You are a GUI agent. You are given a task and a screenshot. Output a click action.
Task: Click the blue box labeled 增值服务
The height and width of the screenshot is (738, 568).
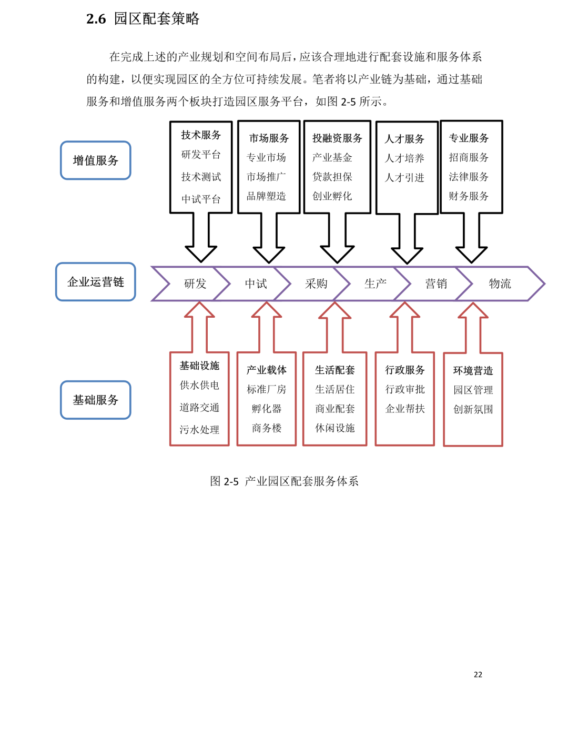tap(95, 160)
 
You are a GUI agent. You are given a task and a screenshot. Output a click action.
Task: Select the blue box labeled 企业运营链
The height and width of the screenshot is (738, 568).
tap(95, 281)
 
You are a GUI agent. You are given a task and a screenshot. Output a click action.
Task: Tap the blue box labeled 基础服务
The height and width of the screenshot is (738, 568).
tap(95, 400)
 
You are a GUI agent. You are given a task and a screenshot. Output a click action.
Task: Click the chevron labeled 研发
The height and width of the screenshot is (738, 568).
tap(195, 283)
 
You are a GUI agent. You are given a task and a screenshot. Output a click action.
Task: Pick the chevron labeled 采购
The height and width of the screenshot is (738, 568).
tap(316, 283)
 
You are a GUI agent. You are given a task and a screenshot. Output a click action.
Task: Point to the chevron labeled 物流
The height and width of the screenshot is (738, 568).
tap(500, 283)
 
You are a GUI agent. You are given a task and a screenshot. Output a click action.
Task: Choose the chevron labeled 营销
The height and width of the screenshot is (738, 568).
tap(437, 283)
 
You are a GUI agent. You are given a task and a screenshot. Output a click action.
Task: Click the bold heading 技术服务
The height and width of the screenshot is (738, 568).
tap(201, 135)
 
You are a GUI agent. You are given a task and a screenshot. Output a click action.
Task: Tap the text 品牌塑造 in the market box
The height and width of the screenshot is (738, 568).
tap(266, 196)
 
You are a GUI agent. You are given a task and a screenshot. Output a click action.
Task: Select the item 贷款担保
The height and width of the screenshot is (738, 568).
tap(332, 177)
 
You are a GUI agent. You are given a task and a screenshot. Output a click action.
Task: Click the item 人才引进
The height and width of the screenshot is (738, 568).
tap(404, 177)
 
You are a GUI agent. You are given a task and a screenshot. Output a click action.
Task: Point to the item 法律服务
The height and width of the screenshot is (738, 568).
tap(469, 177)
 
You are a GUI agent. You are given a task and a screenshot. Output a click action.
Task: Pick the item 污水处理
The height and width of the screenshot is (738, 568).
tap(199, 430)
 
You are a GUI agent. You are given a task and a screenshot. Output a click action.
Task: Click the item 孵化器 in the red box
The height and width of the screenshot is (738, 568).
tap(267, 409)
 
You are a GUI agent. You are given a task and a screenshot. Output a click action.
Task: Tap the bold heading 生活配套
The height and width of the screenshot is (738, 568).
tap(335, 370)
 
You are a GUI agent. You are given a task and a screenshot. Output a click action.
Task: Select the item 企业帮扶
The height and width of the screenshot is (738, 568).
tap(405, 409)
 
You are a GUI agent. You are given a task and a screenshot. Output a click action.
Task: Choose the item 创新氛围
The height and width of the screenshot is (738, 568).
tap(473, 409)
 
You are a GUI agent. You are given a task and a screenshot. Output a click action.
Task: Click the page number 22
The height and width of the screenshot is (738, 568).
tap(478, 674)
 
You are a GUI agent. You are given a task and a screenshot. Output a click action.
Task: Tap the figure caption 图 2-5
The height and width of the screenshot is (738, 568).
tap(224, 481)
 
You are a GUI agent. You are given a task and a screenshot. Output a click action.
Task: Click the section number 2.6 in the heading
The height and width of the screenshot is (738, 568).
tap(96, 19)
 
